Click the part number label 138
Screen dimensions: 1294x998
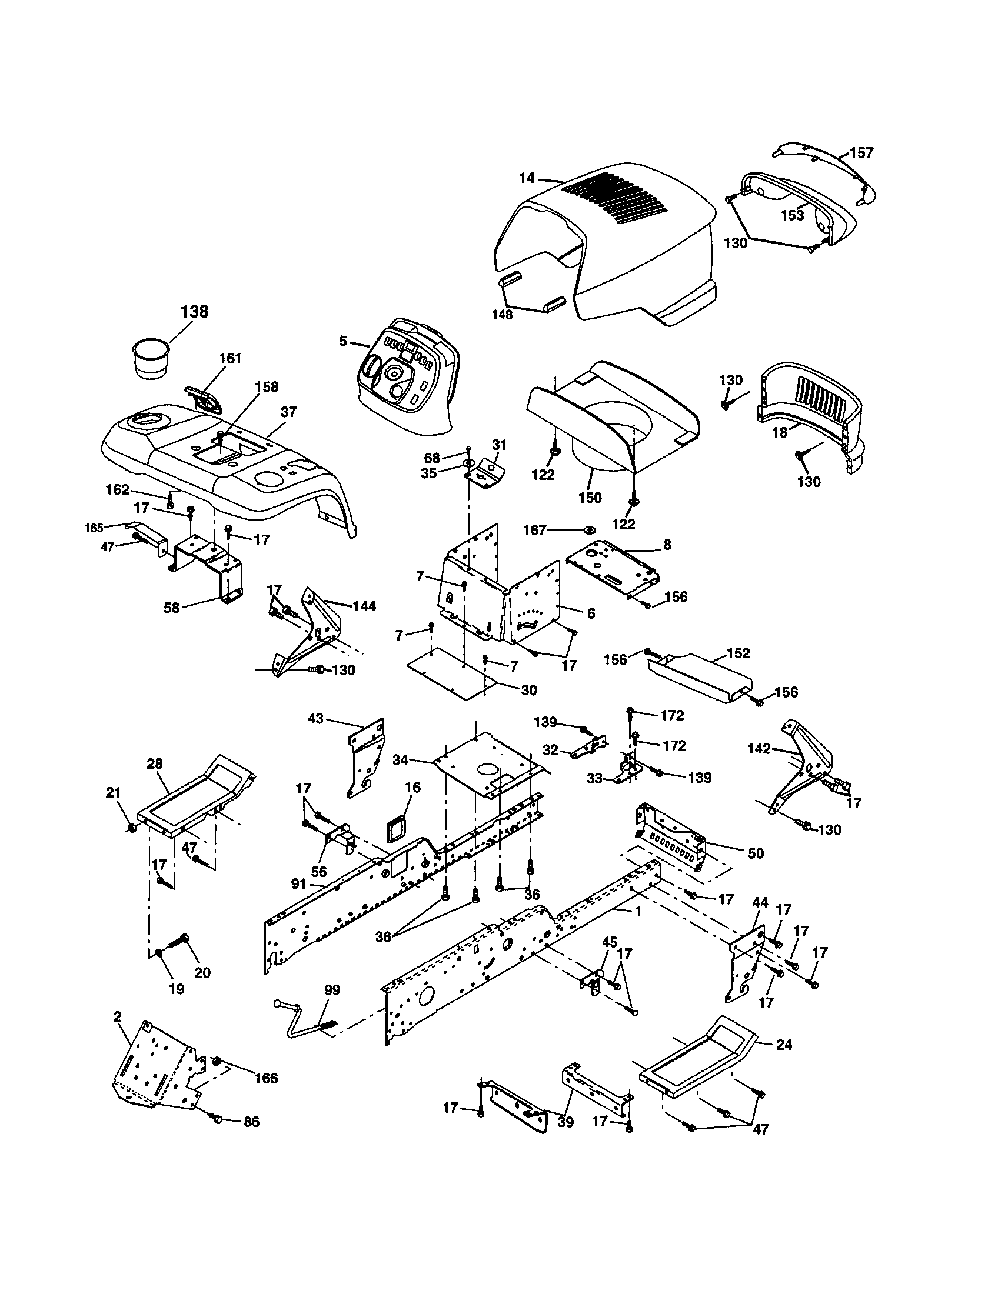195,312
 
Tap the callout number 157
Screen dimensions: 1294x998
861,153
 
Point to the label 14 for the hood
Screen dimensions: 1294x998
527,178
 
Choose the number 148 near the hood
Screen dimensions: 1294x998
502,315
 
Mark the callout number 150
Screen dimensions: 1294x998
590,497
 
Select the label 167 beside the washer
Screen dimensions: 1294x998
534,530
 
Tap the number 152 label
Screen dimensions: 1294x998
738,653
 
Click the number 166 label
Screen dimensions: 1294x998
265,1078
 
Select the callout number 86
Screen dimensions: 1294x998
251,1122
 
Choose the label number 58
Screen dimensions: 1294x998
171,608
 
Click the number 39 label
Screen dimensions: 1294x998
565,1122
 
